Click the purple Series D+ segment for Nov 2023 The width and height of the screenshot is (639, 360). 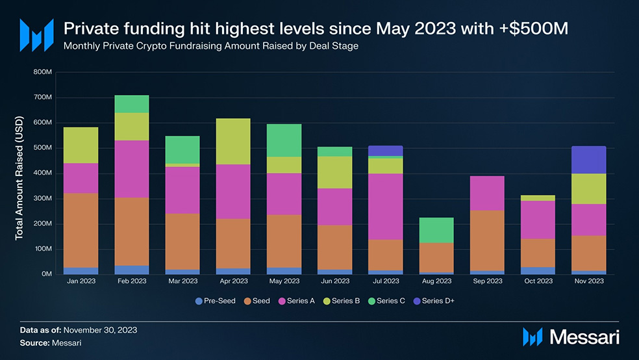tap(589, 160)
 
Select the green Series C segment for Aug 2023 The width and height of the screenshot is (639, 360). tap(436, 230)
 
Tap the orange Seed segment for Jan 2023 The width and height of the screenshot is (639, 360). tap(81, 230)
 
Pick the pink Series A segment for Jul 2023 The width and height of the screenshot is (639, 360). tap(386, 207)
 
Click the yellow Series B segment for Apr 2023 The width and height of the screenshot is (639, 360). tap(233, 142)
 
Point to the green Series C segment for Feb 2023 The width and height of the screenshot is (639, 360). tap(132, 104)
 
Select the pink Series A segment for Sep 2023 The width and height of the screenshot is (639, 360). tap(488, 193)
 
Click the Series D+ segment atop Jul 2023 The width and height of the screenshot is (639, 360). tap(386, 151)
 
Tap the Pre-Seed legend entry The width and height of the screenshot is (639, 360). tap(216, 301)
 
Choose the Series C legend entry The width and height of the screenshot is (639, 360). tap(387, 301)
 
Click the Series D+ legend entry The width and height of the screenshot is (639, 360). tap(434, 301)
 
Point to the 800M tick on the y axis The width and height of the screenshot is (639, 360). tap(43, 71)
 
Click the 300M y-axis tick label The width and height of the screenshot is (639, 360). tap(43, 199)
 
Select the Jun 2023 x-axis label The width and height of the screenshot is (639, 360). tap(335, 281)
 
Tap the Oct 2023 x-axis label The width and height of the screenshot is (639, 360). tap(538, 281)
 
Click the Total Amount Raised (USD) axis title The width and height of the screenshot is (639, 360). tap(19, 178)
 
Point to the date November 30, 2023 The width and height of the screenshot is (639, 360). tap(100, 330)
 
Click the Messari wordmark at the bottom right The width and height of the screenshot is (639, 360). tap(584, 337)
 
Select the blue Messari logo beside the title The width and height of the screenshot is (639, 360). tap(36, 35)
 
